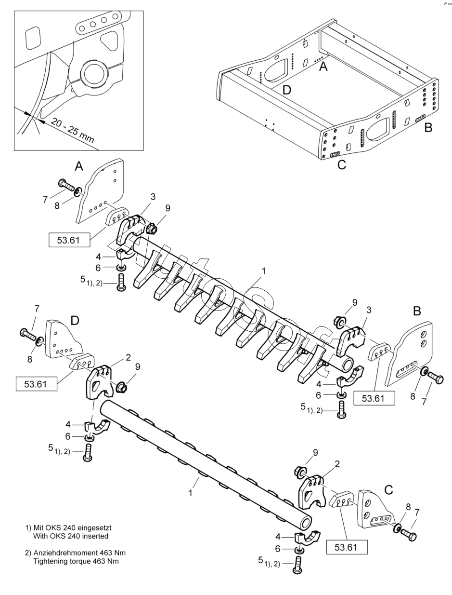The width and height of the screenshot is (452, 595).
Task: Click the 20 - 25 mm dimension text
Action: (x=72, y=131)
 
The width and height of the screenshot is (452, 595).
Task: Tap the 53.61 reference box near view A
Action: (x=69, y=240)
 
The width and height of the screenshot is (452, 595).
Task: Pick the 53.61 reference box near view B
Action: (x=374, y=398)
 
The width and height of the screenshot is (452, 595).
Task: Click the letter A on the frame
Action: (x=323, y=67)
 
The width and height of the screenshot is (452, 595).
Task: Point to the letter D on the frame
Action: (x=287, y=90)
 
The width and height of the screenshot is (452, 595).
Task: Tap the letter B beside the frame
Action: (x=428, y=127)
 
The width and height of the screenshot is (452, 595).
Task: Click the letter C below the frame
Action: (x=342, y=164)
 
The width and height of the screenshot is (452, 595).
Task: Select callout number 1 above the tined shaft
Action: (x=263, y=271)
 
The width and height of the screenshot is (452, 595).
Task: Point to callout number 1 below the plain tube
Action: (x=191, y=493)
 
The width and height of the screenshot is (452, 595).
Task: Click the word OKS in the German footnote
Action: (x=53, y=528)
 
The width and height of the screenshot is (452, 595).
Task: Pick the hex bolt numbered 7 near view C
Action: (x=409, y=536)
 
